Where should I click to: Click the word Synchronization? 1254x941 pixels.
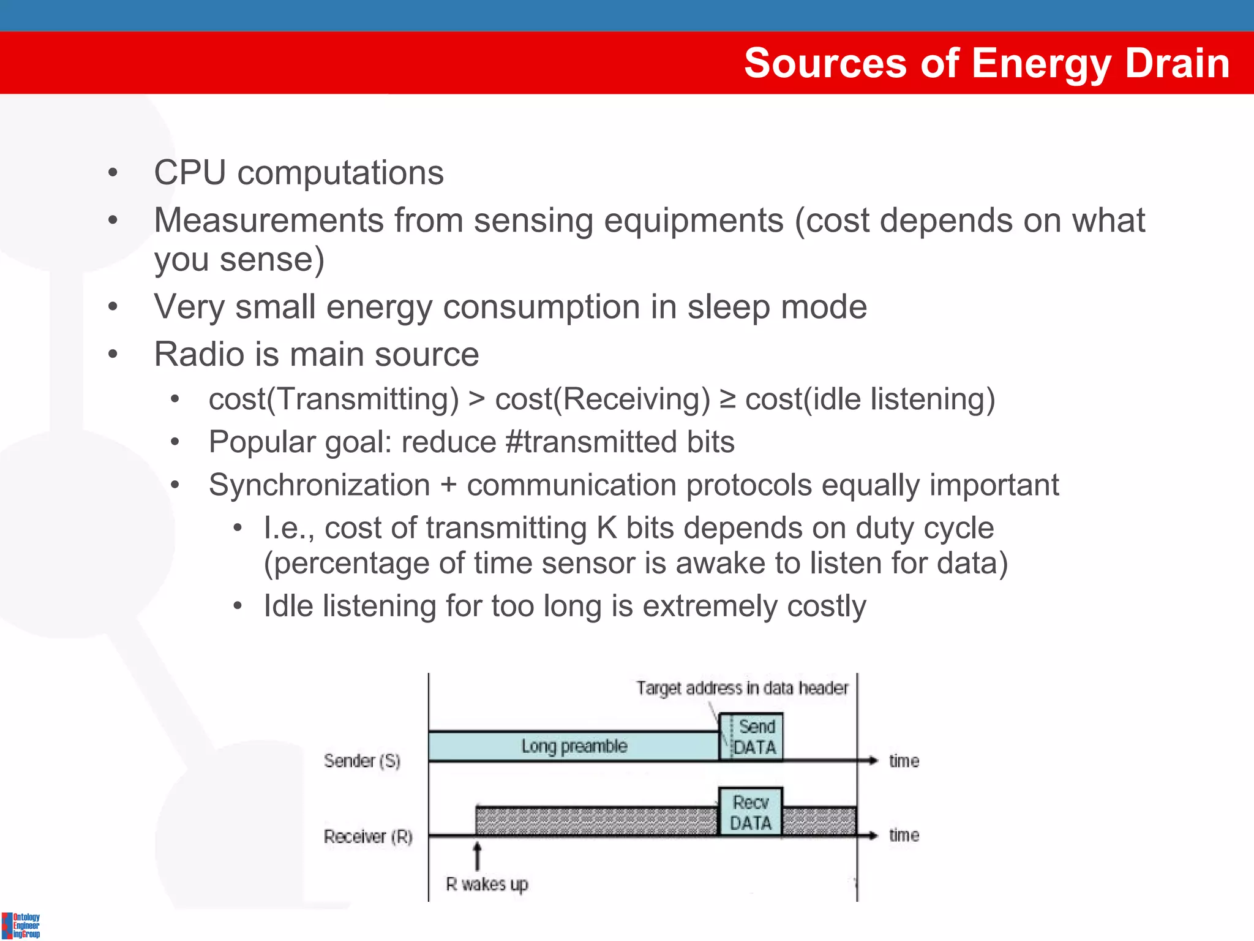click(319, 485)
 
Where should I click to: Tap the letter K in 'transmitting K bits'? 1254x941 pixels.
click(606, 528)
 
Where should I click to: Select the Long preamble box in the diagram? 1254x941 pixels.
click(574, 746)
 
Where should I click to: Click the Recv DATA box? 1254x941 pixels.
click(751, 812)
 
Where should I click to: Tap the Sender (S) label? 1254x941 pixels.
click(362, 761)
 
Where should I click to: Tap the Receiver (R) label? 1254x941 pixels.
click(368, 836)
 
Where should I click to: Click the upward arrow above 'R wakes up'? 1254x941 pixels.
click(478, 856)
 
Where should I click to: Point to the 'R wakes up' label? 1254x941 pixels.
click(487, 885)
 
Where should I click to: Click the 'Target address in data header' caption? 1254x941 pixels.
click(742, 689)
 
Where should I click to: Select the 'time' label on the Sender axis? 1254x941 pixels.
click(904, 761)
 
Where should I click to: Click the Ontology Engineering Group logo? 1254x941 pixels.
click(21, 925)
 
